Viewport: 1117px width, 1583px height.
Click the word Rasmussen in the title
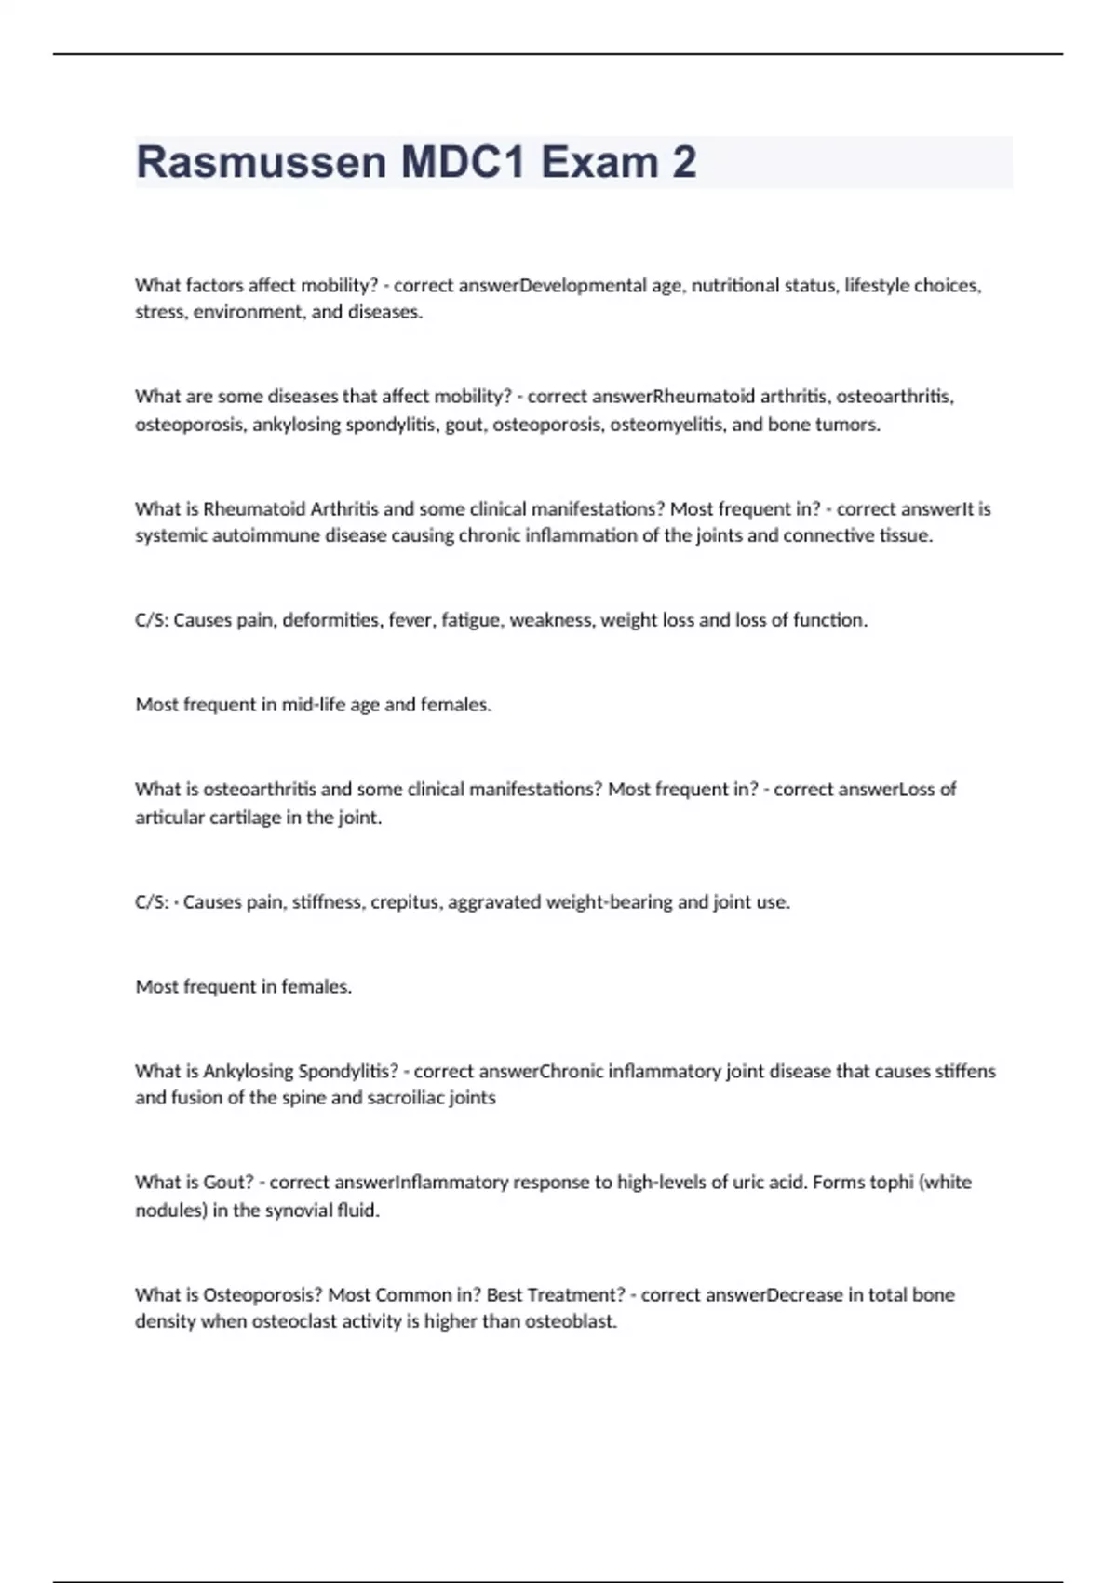click(261, 163)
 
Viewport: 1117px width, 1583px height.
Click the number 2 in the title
click(684, 163)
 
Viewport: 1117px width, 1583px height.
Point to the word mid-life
click(314, 706)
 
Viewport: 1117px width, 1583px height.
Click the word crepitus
click(406, 902)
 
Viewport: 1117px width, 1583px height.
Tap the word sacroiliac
click(405, 1098)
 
